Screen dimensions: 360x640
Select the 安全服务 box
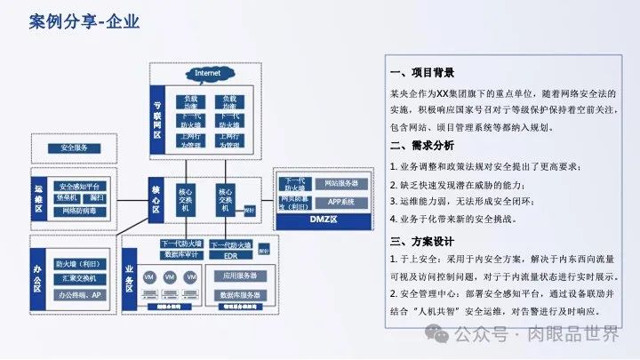[74, 148]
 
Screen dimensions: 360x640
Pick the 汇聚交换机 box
[78, 278]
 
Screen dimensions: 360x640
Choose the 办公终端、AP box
[78, 294]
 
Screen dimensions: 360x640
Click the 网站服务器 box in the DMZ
[340, 183]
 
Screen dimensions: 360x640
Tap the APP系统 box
[340, 202]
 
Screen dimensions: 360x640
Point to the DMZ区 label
[321, 219]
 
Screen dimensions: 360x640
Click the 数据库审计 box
[181, 255]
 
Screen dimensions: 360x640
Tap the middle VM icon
[168, 277]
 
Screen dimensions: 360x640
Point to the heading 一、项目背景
[422, 73]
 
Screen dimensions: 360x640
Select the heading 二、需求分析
[422, 146]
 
